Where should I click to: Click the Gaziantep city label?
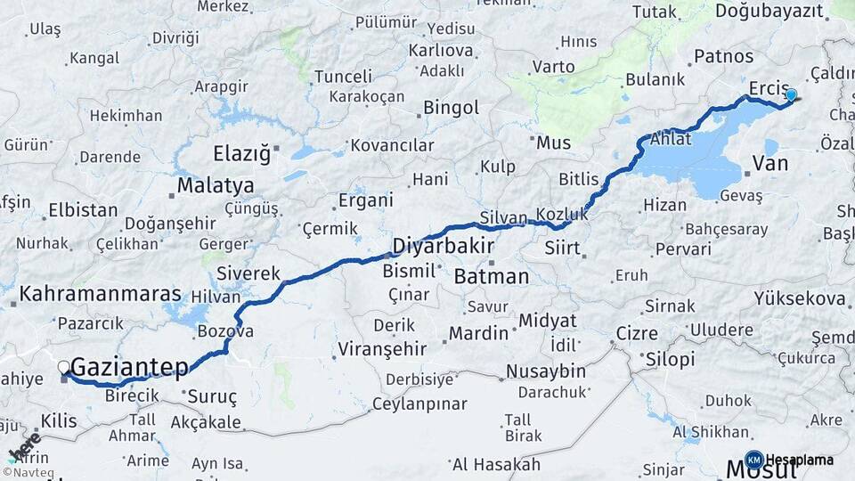pos(129,366)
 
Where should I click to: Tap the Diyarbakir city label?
pos(444,245)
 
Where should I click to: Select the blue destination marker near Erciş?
pos(791,94)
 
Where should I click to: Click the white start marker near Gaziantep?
pos(63,366)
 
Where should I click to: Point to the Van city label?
pos(770,164)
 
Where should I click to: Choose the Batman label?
pos(491,277)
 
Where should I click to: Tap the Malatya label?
pos(215,186)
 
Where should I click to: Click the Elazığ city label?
pos(241,154)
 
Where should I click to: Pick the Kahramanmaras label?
pos(100,294)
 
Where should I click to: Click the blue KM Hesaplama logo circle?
pos(753,460)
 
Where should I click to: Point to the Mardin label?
pos(478,334)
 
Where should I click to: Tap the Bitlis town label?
pos(579,179)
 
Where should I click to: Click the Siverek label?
pos(248,274)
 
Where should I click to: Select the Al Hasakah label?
pos(496,464)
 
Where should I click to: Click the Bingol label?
pos(451,108)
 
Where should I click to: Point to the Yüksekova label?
pos(799,298)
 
